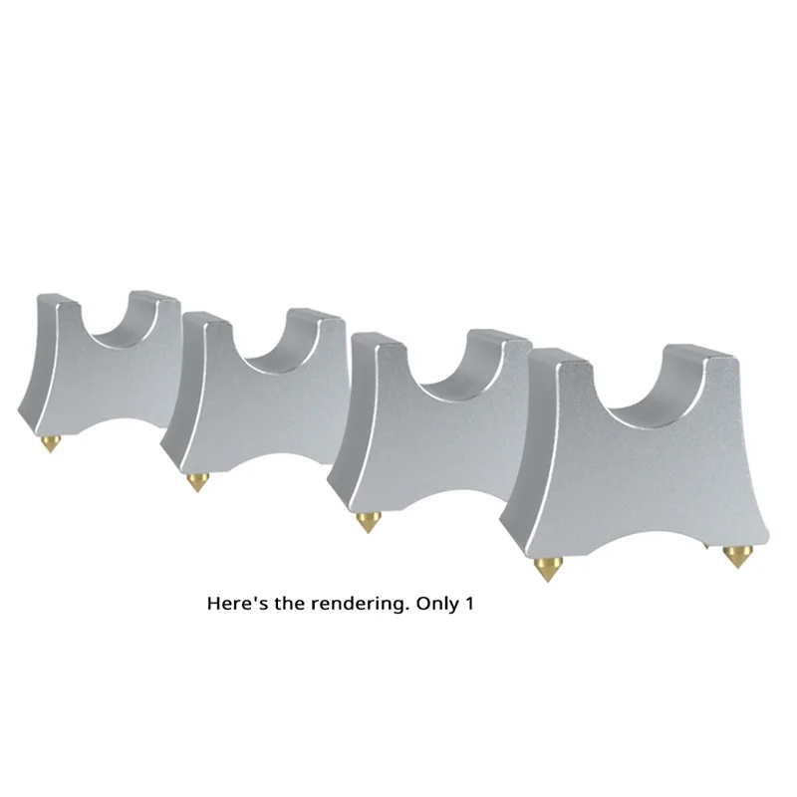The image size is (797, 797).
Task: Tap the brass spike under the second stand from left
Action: [x=197, y=483]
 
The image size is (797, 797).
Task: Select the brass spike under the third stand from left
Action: [x=367, y=523]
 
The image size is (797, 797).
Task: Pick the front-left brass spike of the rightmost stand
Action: [x=545, y=569]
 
